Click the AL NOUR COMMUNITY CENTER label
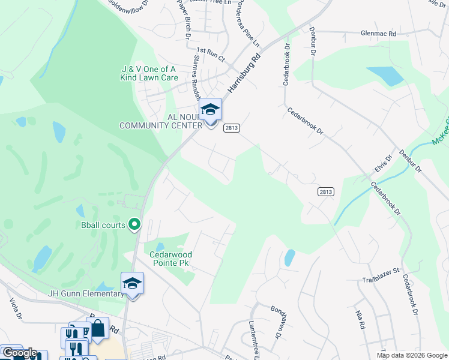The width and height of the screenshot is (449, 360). coord(161,121)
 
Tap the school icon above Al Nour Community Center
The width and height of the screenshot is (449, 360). coord(210,110)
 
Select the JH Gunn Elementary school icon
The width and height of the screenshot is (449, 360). coord(132,283)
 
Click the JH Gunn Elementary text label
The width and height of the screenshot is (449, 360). coord(85,293)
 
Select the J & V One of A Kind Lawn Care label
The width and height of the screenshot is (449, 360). coord(149,73)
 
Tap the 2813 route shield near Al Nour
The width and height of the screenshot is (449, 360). coord(232,128)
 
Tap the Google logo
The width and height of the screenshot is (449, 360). coord(19,353)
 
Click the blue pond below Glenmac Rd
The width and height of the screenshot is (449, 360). coord(385,76)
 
